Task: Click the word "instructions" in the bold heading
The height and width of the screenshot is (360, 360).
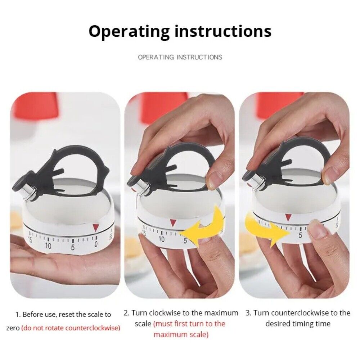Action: coord(223,31)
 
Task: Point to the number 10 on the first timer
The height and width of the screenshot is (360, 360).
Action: coord(48,246)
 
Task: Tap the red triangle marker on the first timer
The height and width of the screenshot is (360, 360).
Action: coord(96,227)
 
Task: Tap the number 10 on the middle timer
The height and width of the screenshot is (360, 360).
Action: coord(161,239)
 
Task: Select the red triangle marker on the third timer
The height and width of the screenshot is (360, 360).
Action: coord(288,217)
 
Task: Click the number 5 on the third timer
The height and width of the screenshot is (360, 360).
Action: coord(300,235)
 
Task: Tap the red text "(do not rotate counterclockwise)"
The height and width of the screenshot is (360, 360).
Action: coord(71,328)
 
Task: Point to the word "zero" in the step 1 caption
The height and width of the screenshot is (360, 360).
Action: coord(13,328)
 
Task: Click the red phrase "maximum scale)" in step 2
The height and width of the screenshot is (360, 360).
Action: coord(181,334)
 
